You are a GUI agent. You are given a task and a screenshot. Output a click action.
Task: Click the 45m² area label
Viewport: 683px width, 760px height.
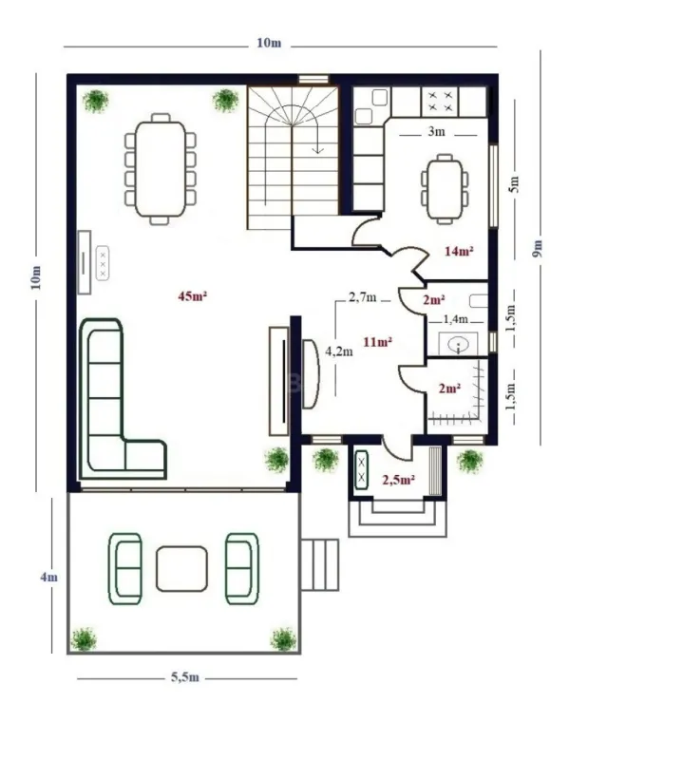192,295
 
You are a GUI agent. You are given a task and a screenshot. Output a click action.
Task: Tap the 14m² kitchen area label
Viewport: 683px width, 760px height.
459,251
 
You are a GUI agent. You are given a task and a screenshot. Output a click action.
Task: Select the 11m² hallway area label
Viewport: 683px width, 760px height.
378,340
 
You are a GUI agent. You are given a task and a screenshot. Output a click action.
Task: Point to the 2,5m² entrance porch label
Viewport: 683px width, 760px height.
398,481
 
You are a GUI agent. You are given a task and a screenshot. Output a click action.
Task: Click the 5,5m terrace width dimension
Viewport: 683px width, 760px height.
184,677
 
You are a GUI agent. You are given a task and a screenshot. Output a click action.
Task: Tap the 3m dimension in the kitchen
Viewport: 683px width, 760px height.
436,132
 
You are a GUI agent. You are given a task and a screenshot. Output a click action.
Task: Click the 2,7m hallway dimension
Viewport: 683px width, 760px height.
362,297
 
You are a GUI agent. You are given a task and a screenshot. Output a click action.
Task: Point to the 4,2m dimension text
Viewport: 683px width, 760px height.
339,351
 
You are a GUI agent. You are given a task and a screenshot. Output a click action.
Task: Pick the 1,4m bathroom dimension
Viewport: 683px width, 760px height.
456,320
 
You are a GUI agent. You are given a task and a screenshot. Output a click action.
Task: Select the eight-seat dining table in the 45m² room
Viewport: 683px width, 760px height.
160,169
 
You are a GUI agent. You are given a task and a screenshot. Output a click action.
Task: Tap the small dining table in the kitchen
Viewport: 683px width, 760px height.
445,188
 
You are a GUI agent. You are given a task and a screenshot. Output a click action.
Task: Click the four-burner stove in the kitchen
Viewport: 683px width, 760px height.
441,99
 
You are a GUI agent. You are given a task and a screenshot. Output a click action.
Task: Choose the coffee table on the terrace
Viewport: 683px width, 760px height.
182,568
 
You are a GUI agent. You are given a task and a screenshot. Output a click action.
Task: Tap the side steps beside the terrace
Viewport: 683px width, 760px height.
320,564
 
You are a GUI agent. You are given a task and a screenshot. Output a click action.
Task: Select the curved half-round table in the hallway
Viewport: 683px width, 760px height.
312,374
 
